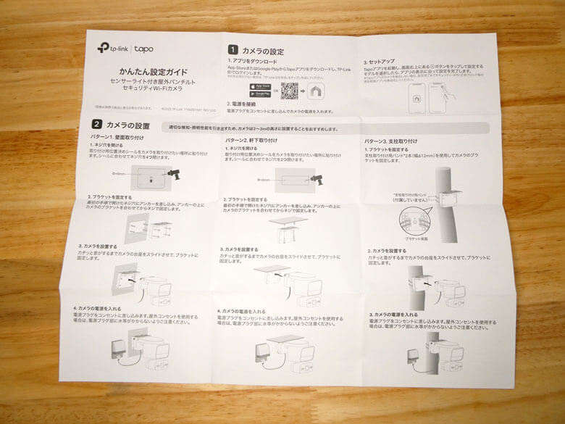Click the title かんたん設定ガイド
[x=154, y=72]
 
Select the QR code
[x=290, y=91]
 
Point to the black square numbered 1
[x=234, y=51]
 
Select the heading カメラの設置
[x=127, y=126]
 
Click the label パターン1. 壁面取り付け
[x=114, y=137]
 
